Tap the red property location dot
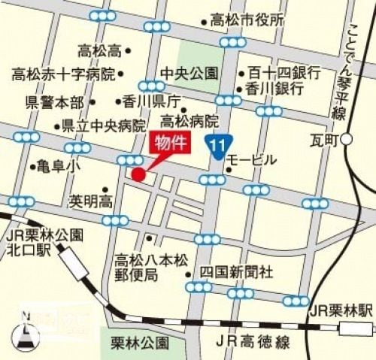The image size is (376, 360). [138, 174]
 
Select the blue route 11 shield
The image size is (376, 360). [218, 145]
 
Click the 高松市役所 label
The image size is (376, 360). [247, 20]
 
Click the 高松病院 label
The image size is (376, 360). [189, 120]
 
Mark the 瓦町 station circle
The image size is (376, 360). [347, 140]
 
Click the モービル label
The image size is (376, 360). [252, 160]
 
